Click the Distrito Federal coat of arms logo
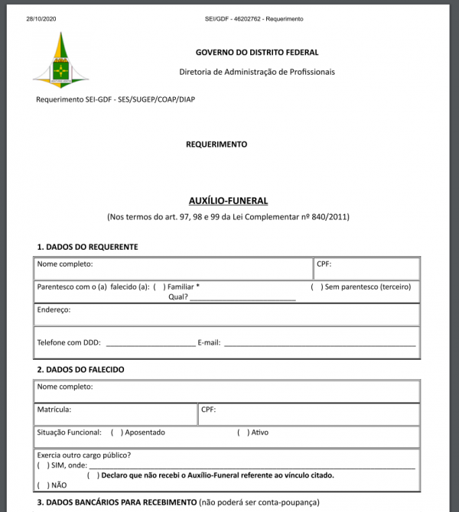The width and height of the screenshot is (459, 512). click(x=61, y=61)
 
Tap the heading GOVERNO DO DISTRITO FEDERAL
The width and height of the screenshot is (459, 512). click(x=257, y=53)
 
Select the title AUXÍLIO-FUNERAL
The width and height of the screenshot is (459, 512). click(x=228, y=201)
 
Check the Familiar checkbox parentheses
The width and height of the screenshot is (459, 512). click(x=159, y=287)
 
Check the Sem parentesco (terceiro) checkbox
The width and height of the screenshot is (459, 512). click(x=316, y=287)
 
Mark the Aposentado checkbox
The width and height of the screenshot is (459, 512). click(x=117, y=433)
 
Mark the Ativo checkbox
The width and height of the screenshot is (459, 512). click(x=243, y=433)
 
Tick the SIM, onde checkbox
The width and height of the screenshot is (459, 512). click(x=41, y=465)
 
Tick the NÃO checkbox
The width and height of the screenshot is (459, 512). click(x=41, y=485)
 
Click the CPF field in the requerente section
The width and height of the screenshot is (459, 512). click(x=367, y=269)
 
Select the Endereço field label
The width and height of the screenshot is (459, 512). click(x=54, y=310)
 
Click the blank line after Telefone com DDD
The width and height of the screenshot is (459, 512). click(x=150, y=343)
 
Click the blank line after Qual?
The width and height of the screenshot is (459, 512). click(x=243, y=297)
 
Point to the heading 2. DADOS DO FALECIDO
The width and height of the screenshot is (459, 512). click(x=80, y=370)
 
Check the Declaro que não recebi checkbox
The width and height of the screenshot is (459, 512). click(x=93, y=475)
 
